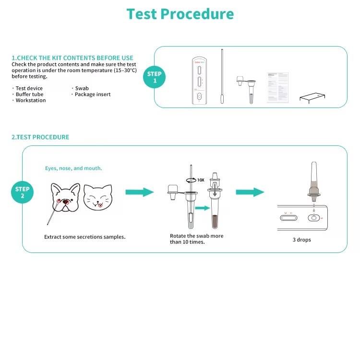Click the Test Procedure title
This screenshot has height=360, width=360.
(180, 14)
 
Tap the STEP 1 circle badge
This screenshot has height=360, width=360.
(155, 77)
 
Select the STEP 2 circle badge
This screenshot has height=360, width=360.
(22, 192)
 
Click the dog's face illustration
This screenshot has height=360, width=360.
(66, 197)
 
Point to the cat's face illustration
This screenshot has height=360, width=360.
(97, 197)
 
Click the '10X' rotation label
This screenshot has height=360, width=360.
(201, 180)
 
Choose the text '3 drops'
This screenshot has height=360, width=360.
(302, 240)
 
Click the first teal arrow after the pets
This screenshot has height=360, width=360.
(139, 192)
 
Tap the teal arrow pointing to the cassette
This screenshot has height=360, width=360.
(250, 192)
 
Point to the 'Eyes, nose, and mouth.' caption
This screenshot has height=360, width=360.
(73, 168)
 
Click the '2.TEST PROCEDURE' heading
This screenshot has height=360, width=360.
(40, 137)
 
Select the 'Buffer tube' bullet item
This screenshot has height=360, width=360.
(29, 95)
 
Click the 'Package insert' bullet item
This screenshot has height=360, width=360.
(93, 95)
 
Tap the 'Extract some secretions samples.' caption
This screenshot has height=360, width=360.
(84, 237)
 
